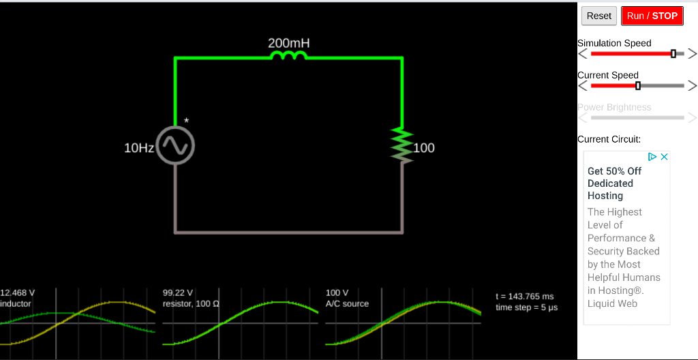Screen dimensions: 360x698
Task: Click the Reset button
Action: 598,16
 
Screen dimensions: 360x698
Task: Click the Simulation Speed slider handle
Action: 673,53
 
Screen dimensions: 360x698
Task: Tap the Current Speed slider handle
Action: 638,85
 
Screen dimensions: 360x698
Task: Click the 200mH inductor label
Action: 288,44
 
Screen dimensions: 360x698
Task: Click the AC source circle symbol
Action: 175,146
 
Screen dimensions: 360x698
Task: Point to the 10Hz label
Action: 138,148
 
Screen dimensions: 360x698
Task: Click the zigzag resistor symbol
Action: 402,145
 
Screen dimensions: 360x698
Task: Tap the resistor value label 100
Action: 424,148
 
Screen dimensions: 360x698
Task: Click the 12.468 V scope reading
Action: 18,292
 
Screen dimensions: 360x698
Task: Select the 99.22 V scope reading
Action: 178,292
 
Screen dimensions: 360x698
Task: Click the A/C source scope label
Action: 347,303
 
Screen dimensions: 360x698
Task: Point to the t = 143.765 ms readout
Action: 524,296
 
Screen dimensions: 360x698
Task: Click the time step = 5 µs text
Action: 526,307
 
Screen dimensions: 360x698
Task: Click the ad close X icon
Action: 665,157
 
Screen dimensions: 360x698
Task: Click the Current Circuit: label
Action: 609,139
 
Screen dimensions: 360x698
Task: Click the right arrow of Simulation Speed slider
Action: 692,53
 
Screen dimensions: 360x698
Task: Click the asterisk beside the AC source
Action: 186,121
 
